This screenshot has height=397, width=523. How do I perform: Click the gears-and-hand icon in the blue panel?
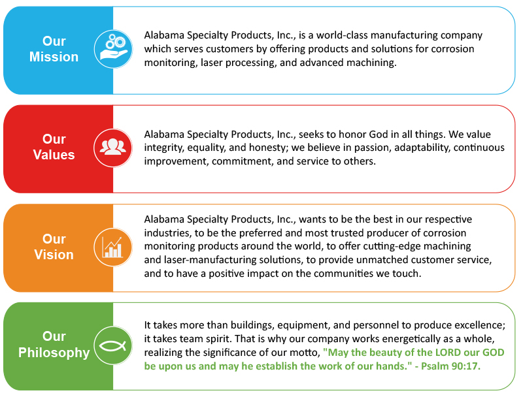point(113,49)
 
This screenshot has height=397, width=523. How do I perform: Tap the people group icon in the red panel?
point(113,148)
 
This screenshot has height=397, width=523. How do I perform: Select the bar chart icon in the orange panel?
point(113,247)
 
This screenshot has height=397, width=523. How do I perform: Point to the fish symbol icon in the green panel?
point(113,345)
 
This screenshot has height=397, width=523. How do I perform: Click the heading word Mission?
point(54,57)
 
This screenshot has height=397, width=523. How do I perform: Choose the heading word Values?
point(54,155)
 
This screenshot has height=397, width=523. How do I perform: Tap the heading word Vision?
point(54,255)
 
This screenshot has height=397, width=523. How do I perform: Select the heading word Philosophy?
point(54,353)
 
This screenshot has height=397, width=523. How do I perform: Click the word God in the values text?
point(379,135)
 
